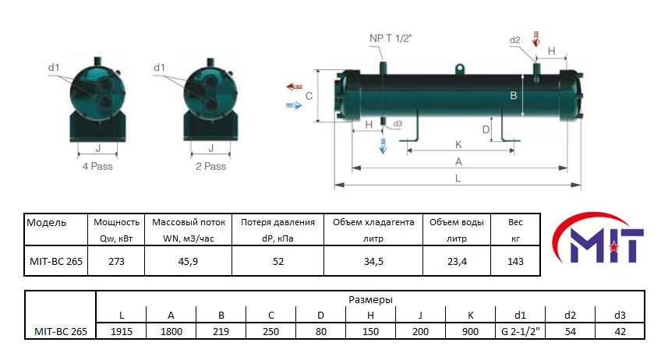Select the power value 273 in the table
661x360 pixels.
[116, 261]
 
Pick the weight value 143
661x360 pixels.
[515, 261]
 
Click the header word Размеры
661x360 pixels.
[370, 299]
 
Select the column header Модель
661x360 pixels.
[47, 223]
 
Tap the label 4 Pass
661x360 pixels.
[98, 166]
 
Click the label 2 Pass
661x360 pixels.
[210, 166]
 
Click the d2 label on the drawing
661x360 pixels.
[514, 40]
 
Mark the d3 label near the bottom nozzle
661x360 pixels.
[398, 124]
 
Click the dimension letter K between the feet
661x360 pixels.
[458, 145]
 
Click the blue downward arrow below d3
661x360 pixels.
[383, 146]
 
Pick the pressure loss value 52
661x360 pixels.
[278, 261]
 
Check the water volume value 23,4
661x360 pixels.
[457, 261]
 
